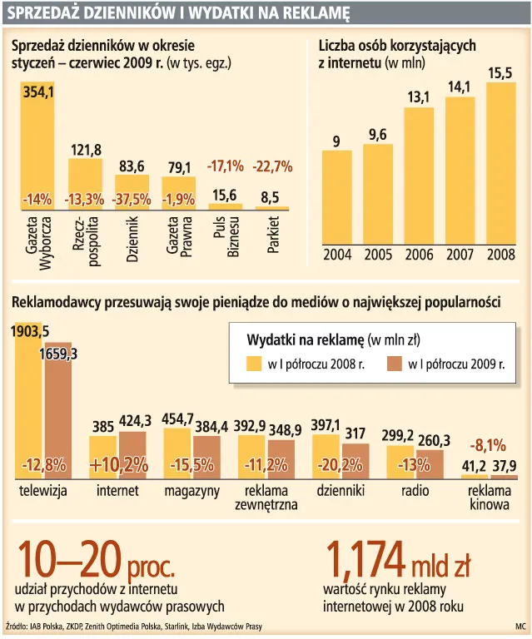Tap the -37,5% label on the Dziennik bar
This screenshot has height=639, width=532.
coord(132,200)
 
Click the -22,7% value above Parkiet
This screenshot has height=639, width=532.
coord(272,166)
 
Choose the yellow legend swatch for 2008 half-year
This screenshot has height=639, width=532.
coord(255,363)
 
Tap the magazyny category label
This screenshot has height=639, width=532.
coord(192,491)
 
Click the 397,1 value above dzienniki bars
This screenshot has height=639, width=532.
coord(326,425)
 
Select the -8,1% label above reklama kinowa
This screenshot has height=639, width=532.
coord(488,444)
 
